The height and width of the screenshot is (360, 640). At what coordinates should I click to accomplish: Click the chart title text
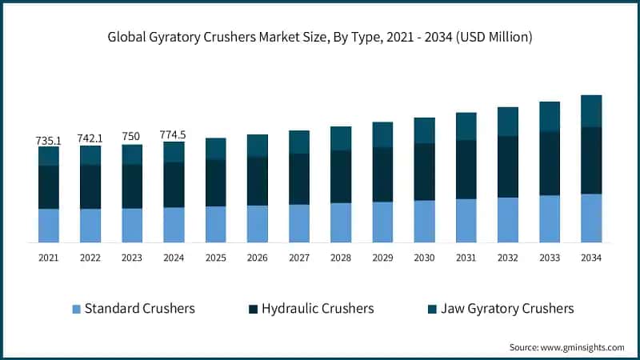[320, 38]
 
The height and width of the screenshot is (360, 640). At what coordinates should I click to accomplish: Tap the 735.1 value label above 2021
[49, 140]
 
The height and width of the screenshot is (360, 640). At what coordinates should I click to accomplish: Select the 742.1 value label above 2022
[90, 138]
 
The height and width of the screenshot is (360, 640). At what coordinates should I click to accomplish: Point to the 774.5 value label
[174, 135]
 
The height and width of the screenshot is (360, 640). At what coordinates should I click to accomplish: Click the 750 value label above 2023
[132, 138]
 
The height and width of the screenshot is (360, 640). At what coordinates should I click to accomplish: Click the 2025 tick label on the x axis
[216, 258]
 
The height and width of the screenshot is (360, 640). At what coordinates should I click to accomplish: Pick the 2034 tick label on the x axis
[591, 258]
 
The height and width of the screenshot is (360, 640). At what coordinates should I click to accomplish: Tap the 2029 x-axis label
[382, 258]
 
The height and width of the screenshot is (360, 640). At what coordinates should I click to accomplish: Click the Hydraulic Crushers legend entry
[312, 308]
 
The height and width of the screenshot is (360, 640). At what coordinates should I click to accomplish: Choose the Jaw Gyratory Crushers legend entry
[499, 308]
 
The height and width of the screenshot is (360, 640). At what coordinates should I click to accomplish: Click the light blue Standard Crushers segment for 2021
[49, 226]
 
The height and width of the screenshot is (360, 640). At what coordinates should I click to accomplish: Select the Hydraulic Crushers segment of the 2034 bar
[591, 160]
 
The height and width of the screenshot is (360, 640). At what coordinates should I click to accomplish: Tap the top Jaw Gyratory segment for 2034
[591, 111]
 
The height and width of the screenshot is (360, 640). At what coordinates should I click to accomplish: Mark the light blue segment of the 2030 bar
[424, 221]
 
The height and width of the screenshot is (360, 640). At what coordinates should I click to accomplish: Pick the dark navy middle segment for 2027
[299, 178]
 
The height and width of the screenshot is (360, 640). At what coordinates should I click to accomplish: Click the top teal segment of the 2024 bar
[174, 152]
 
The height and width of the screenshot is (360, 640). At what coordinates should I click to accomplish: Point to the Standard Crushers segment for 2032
[508, 220]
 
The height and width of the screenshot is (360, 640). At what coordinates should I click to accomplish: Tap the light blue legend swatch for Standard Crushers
[76, 309]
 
